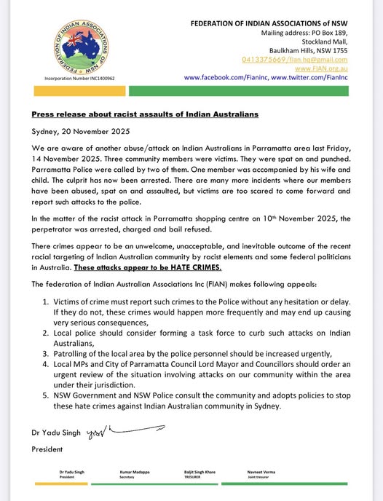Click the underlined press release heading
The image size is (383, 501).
[143, 115]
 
